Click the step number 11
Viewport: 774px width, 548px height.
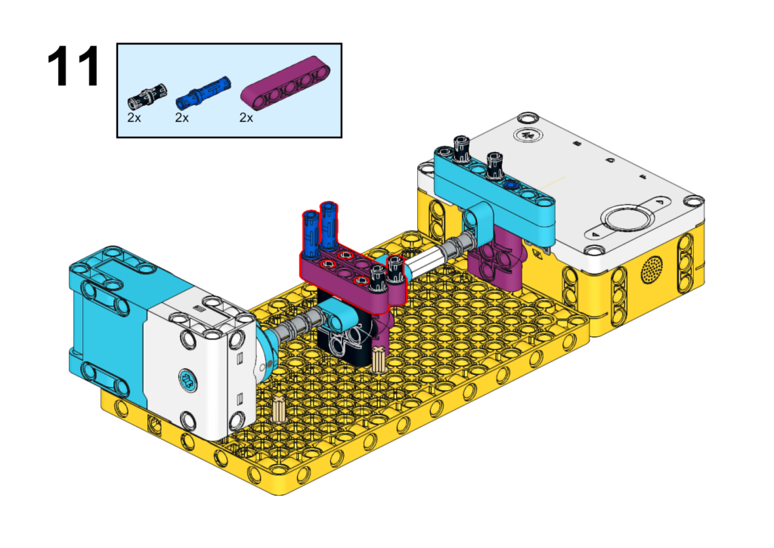click(x=73, y=67)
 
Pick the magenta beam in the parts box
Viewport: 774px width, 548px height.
click(x=285, y=82)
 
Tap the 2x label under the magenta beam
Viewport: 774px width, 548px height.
click(x=246, y=117)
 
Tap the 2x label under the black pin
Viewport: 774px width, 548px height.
click(x=135, y=117)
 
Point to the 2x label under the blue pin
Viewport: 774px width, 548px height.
click(x=182, y=117)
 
